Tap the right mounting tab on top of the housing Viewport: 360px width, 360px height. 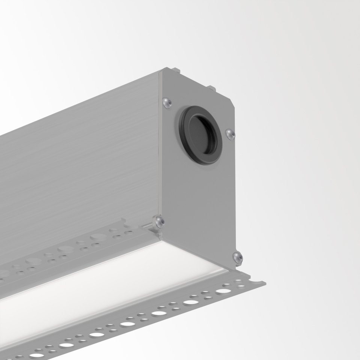(x=212, y=88)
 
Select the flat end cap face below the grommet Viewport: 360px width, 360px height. (x=199, y=195)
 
